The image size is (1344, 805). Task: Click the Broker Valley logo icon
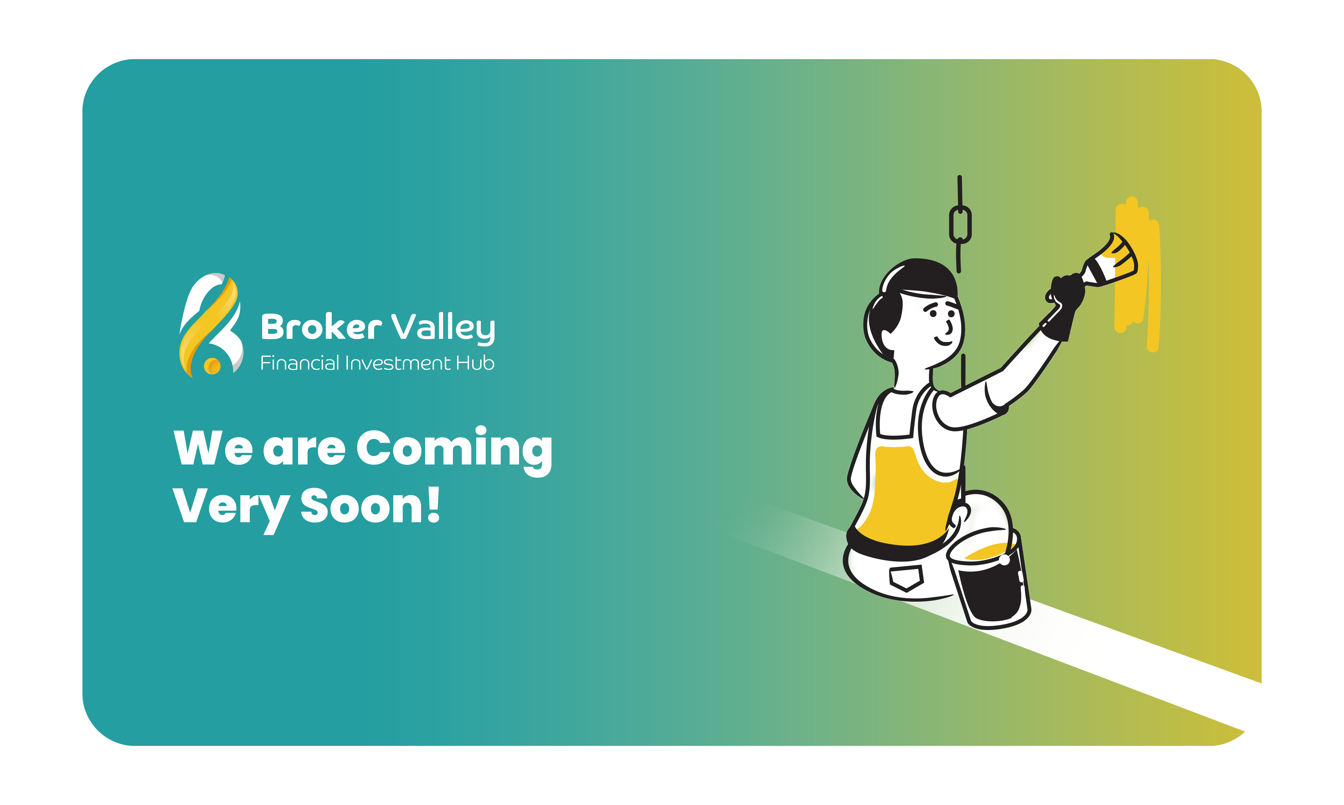click(x=211, y=325)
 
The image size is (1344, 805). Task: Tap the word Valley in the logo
click(x=443, y=328)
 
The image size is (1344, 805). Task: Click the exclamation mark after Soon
click(x=433, y=504)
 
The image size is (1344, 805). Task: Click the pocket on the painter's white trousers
click(x=906, y=577)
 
